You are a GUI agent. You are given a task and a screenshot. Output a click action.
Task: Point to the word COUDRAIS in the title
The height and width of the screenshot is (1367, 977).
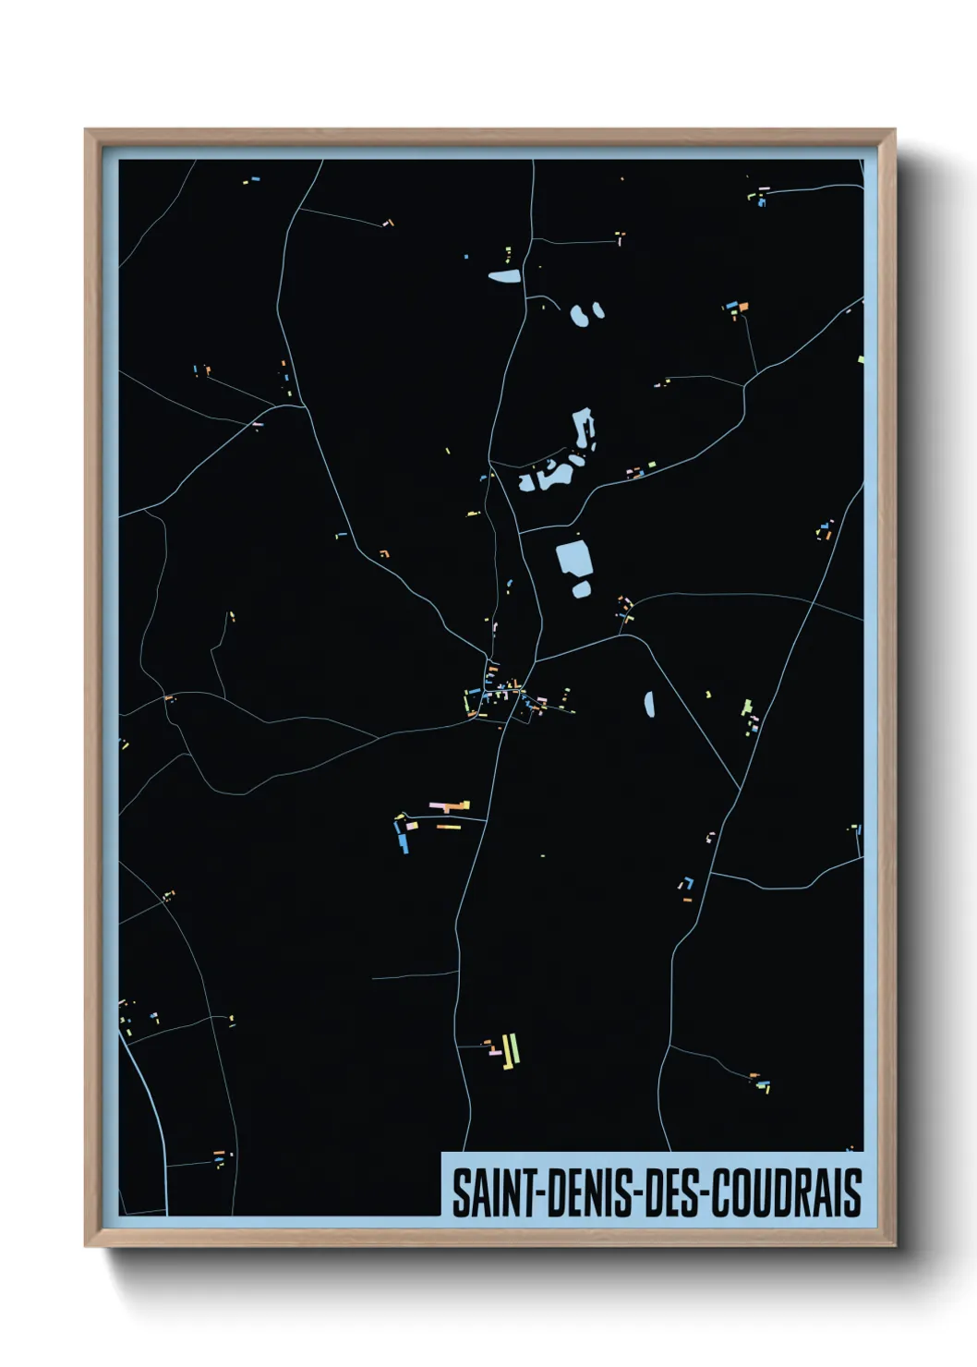pyautogui.click(x=786, y=1192)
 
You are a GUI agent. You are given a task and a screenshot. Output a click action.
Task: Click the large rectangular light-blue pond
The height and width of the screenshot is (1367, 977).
pyautogui.click(x=573, y=558)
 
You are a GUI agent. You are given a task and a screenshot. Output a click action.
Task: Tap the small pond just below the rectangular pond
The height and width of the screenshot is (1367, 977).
pyautogui.click(x=581, y=588)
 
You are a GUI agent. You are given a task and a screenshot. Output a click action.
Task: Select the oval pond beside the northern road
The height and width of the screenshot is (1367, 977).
pyautogui.click(x=504, y=275)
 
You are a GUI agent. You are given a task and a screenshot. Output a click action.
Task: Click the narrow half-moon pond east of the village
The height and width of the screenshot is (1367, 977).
pyautogui.click(x=649, y=705)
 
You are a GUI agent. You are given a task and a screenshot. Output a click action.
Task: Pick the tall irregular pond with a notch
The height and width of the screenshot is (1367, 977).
pyautogui.click(x=584, y=429)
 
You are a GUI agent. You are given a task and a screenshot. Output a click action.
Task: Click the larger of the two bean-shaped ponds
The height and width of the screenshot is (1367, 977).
pyautogui.click(x=579, y=315)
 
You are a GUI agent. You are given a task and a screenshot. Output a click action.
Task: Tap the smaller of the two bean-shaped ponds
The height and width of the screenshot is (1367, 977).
pyautogui.click(x=598, y=309)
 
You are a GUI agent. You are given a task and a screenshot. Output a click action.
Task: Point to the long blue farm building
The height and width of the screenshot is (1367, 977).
pyautogui.click(x=403, y=840)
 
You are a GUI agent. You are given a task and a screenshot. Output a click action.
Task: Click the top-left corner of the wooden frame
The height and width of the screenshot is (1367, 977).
pyautogui.click(x=86, y=130)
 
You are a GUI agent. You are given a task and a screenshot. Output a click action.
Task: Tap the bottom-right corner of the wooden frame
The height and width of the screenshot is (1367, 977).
pyautogui.click(x=894, y=1245)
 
